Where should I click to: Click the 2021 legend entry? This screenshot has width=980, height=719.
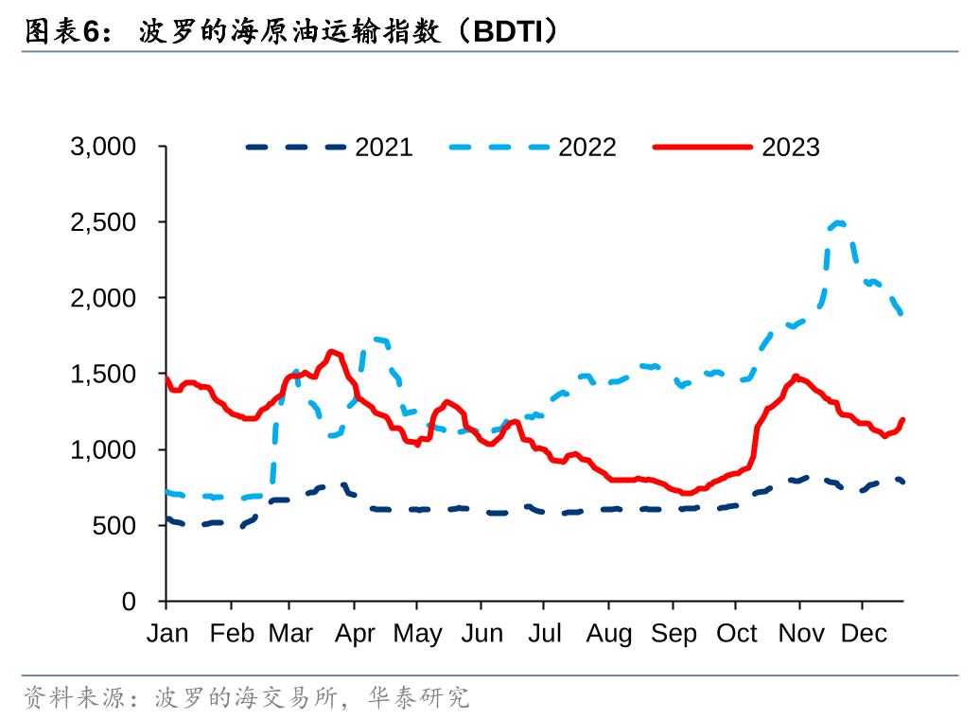[329, 148]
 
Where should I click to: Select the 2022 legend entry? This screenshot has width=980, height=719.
[533, 148]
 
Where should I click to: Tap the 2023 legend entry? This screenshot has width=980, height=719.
[736, 148]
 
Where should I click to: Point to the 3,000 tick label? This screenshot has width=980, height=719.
[103, 147]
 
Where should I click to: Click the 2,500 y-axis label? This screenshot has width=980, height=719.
[103, 222]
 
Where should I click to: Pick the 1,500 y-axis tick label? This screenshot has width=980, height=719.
[103, 374]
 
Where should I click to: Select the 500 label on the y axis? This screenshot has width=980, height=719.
[114, 526]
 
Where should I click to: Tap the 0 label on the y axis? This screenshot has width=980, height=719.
[129, 602]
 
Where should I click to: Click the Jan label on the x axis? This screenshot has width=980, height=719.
[167, 633]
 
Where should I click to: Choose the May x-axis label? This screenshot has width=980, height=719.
[417, 634]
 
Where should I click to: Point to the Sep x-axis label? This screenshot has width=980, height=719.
[674, 634]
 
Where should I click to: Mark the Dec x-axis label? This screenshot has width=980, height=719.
[864, 633]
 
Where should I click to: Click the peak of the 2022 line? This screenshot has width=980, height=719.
[839, 222]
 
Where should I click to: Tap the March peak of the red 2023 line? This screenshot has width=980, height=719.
[332, 352]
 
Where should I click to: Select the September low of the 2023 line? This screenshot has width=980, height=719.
[686, 493]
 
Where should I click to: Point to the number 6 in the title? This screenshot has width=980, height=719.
[91, 32]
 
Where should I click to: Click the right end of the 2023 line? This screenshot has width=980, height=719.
[902, 420]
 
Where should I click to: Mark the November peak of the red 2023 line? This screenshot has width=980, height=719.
[796, 377]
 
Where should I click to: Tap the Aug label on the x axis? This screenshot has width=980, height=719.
[609, 634]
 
